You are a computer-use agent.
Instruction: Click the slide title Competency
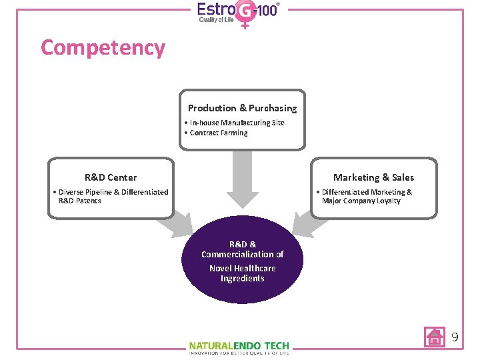[103, 48]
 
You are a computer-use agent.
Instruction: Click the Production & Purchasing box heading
[242, 108]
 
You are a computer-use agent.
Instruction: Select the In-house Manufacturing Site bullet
[235, 123]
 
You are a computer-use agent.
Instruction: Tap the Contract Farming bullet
[216, 133]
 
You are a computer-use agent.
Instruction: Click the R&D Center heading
[111, 177]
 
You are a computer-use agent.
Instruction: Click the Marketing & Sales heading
[373, 177]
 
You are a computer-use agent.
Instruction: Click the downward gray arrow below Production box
[242, 180]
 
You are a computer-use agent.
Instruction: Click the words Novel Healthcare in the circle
[242, 268]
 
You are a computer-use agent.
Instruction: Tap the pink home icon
[435, 337]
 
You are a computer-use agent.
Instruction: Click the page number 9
[455, 337]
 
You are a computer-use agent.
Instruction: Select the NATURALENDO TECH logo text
[239, 345]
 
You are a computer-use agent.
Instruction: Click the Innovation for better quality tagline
[239, 353]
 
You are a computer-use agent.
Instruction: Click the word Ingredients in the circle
[242, 279]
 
